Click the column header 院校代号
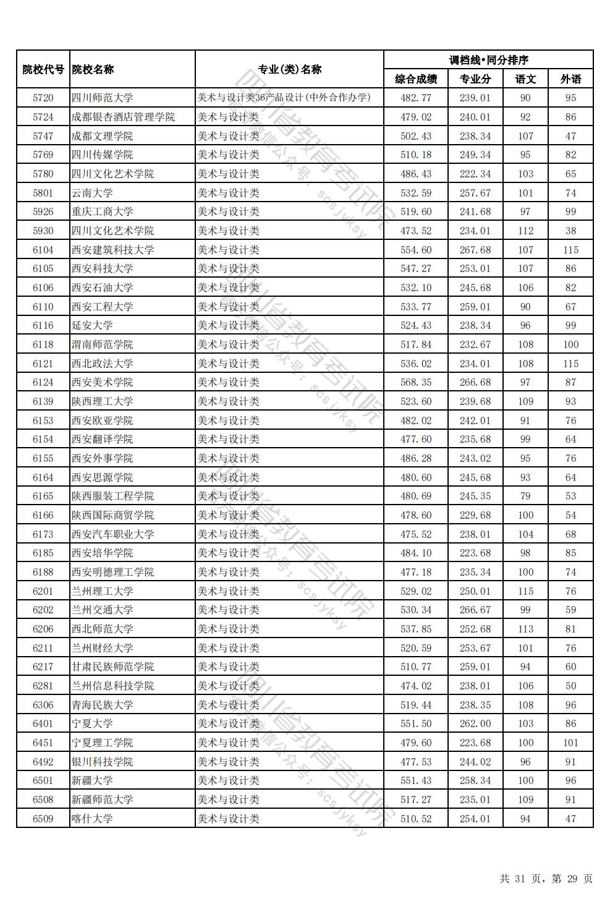click(43, 69)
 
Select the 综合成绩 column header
click(416, 79)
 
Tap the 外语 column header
click(570, 79)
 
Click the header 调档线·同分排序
click(488, 60)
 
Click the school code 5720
click(43, 98)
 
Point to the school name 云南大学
click(92, 193)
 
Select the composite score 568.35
click(416, 382)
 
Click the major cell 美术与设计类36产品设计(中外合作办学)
click(284, 98)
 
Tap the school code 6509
click(43, 819)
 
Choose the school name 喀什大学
click(92, 819)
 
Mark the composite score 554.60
click(416, 250)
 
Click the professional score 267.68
click(475, 250)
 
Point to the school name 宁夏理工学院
click(102, 743)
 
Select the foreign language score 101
click(570, 743)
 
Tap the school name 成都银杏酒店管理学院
click(123, 117)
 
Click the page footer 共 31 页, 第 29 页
click(546, 879)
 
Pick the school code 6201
click(43, 591)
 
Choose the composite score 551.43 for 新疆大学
click(416, 780)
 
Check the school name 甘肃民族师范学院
click(112, 667)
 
